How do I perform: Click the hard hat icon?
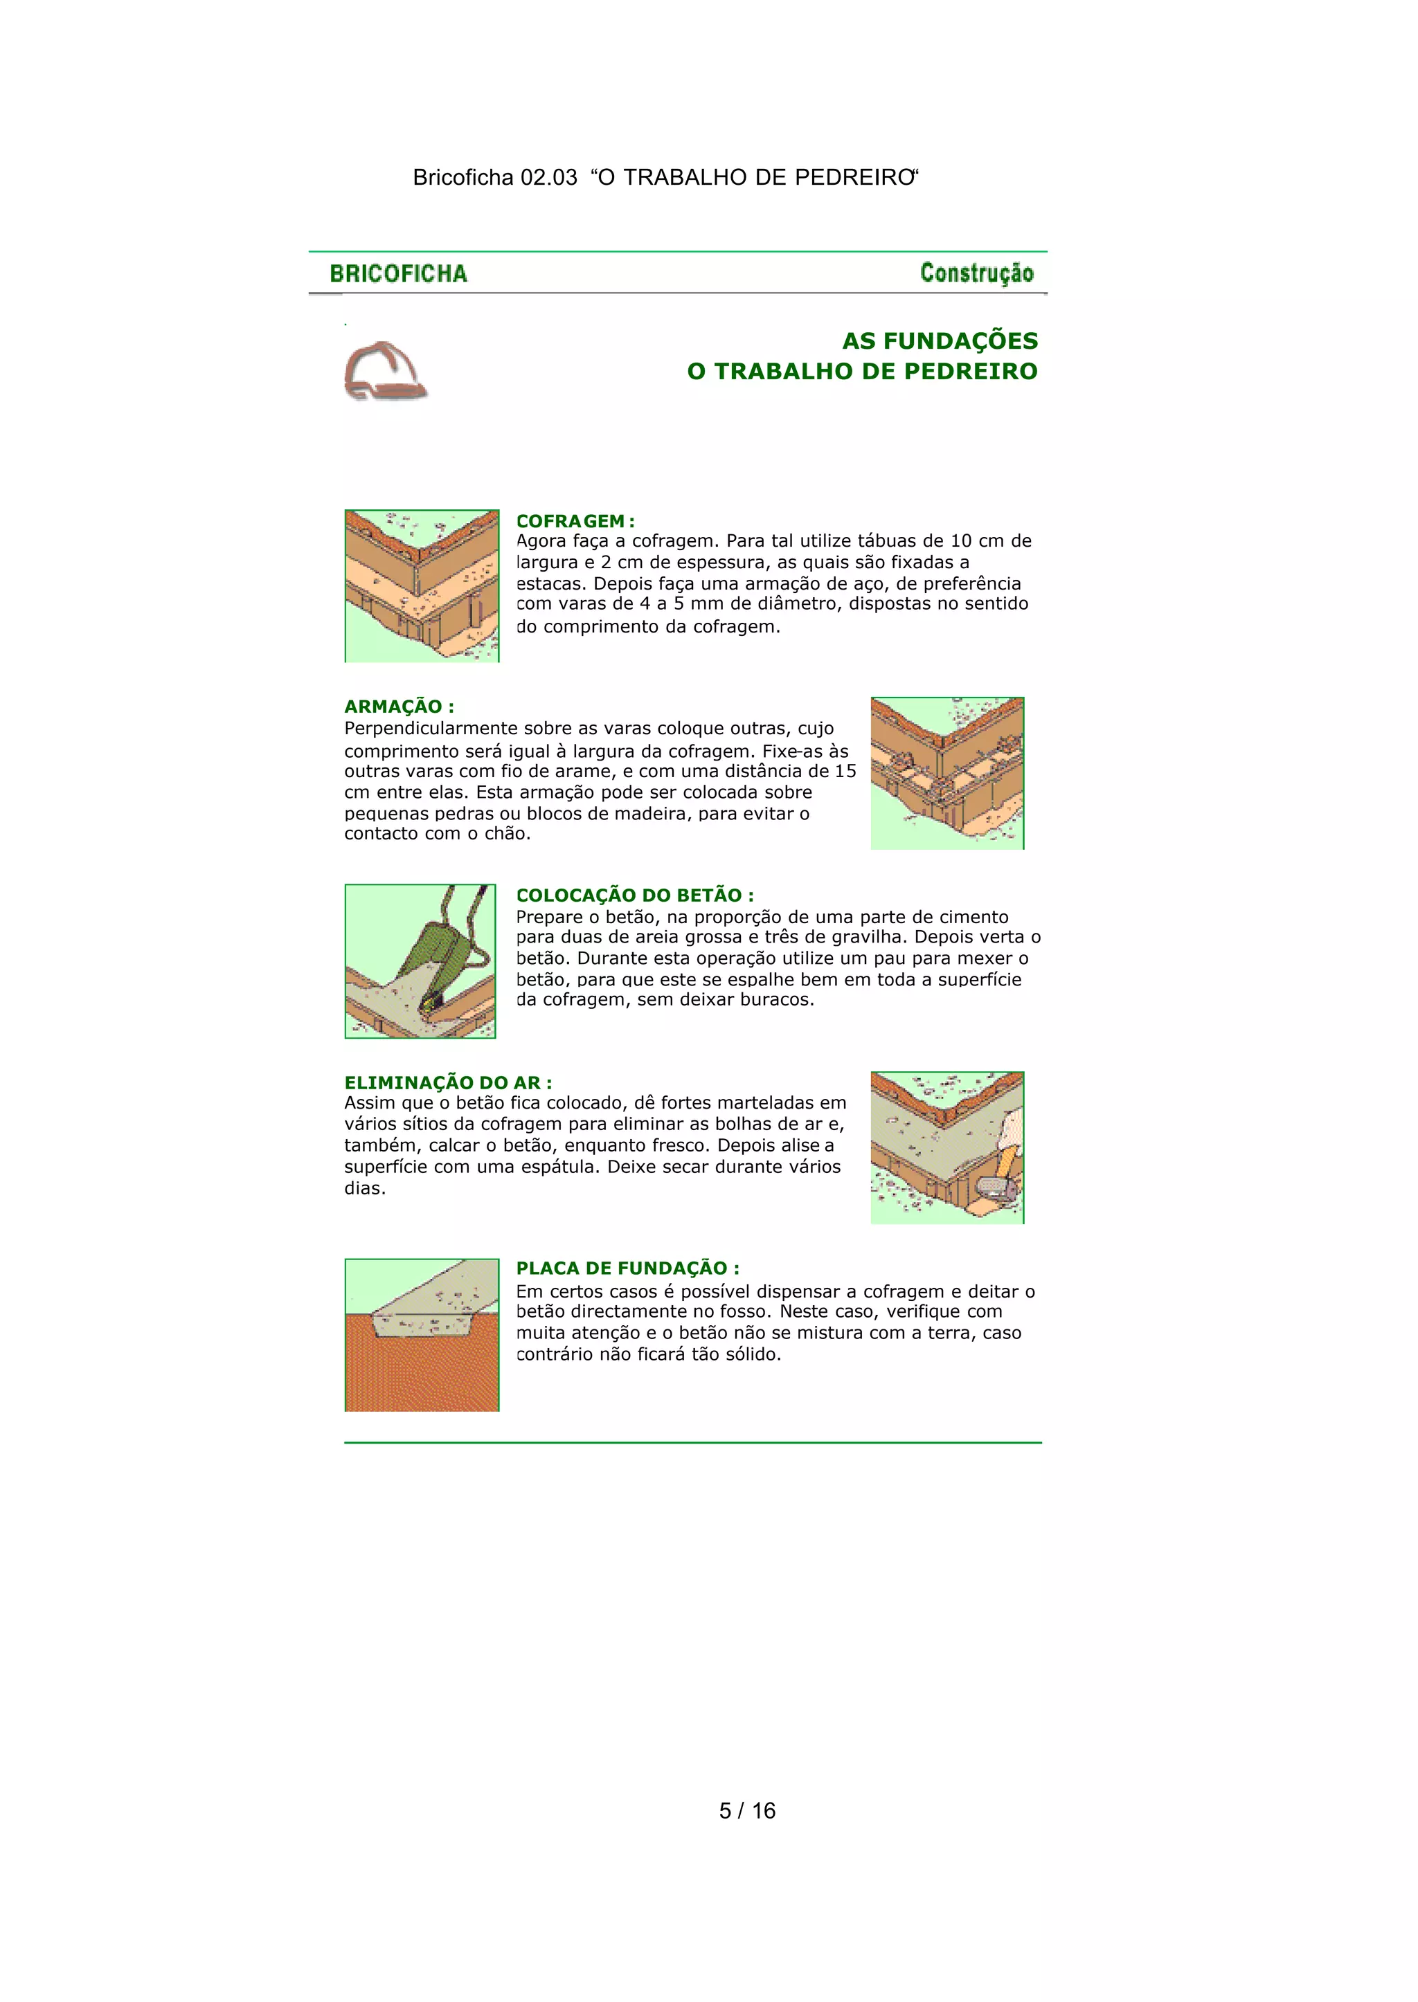coord(385,371)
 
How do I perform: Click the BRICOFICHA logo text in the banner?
coord(398,274)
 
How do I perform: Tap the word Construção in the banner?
coord(976,273)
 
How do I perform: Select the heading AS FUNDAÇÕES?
coord(940,341)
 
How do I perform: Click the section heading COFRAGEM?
coord(575,521)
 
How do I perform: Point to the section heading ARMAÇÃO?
coord(399,707)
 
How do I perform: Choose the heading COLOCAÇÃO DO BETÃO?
coord(635,895)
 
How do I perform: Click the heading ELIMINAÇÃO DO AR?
coord(448,1082)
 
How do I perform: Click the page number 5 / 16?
coord(747,1811)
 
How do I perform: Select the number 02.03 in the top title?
coord(549,177)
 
